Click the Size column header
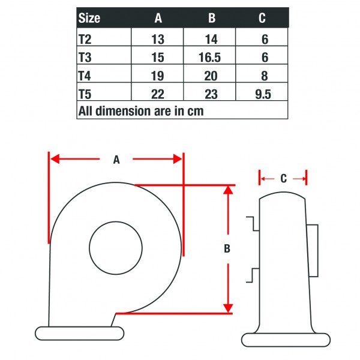[89, 18]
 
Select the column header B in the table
[211, 18]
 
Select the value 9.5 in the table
[262, 94]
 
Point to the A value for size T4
[158, 75]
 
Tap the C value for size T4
[262, 75]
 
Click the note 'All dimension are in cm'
[141, 111]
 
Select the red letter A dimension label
[116, 160]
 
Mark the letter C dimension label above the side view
[283, 179]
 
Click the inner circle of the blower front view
[116, 247]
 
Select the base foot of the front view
[79, 333]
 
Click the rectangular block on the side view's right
[312, 250]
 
